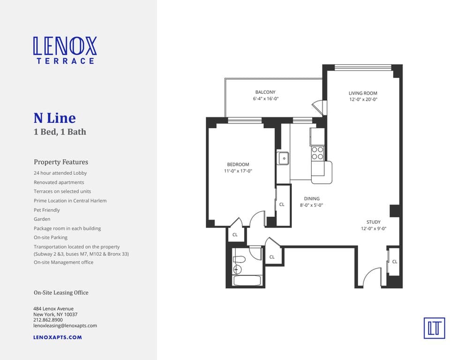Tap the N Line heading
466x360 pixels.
point(54,118)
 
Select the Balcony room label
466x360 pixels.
point(265,92)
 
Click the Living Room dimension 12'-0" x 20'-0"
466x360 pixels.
point(363,99)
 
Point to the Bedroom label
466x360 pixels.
point(238,164)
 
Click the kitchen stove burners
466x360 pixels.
point(317,153)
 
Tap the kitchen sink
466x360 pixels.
point(284,158)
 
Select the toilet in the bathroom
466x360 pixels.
point(240,259)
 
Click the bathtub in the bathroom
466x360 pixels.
point(248,281)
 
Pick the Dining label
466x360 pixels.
point(312,199)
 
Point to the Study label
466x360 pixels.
point(374,222)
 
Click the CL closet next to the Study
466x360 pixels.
point(394,262)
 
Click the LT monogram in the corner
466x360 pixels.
point(434,328)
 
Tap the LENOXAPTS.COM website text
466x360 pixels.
point(58,337)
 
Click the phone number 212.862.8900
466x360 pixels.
point(48,320)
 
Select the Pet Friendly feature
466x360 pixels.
point(47,210)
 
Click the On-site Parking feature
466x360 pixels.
point(51,238)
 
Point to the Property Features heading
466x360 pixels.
point(61,162)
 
